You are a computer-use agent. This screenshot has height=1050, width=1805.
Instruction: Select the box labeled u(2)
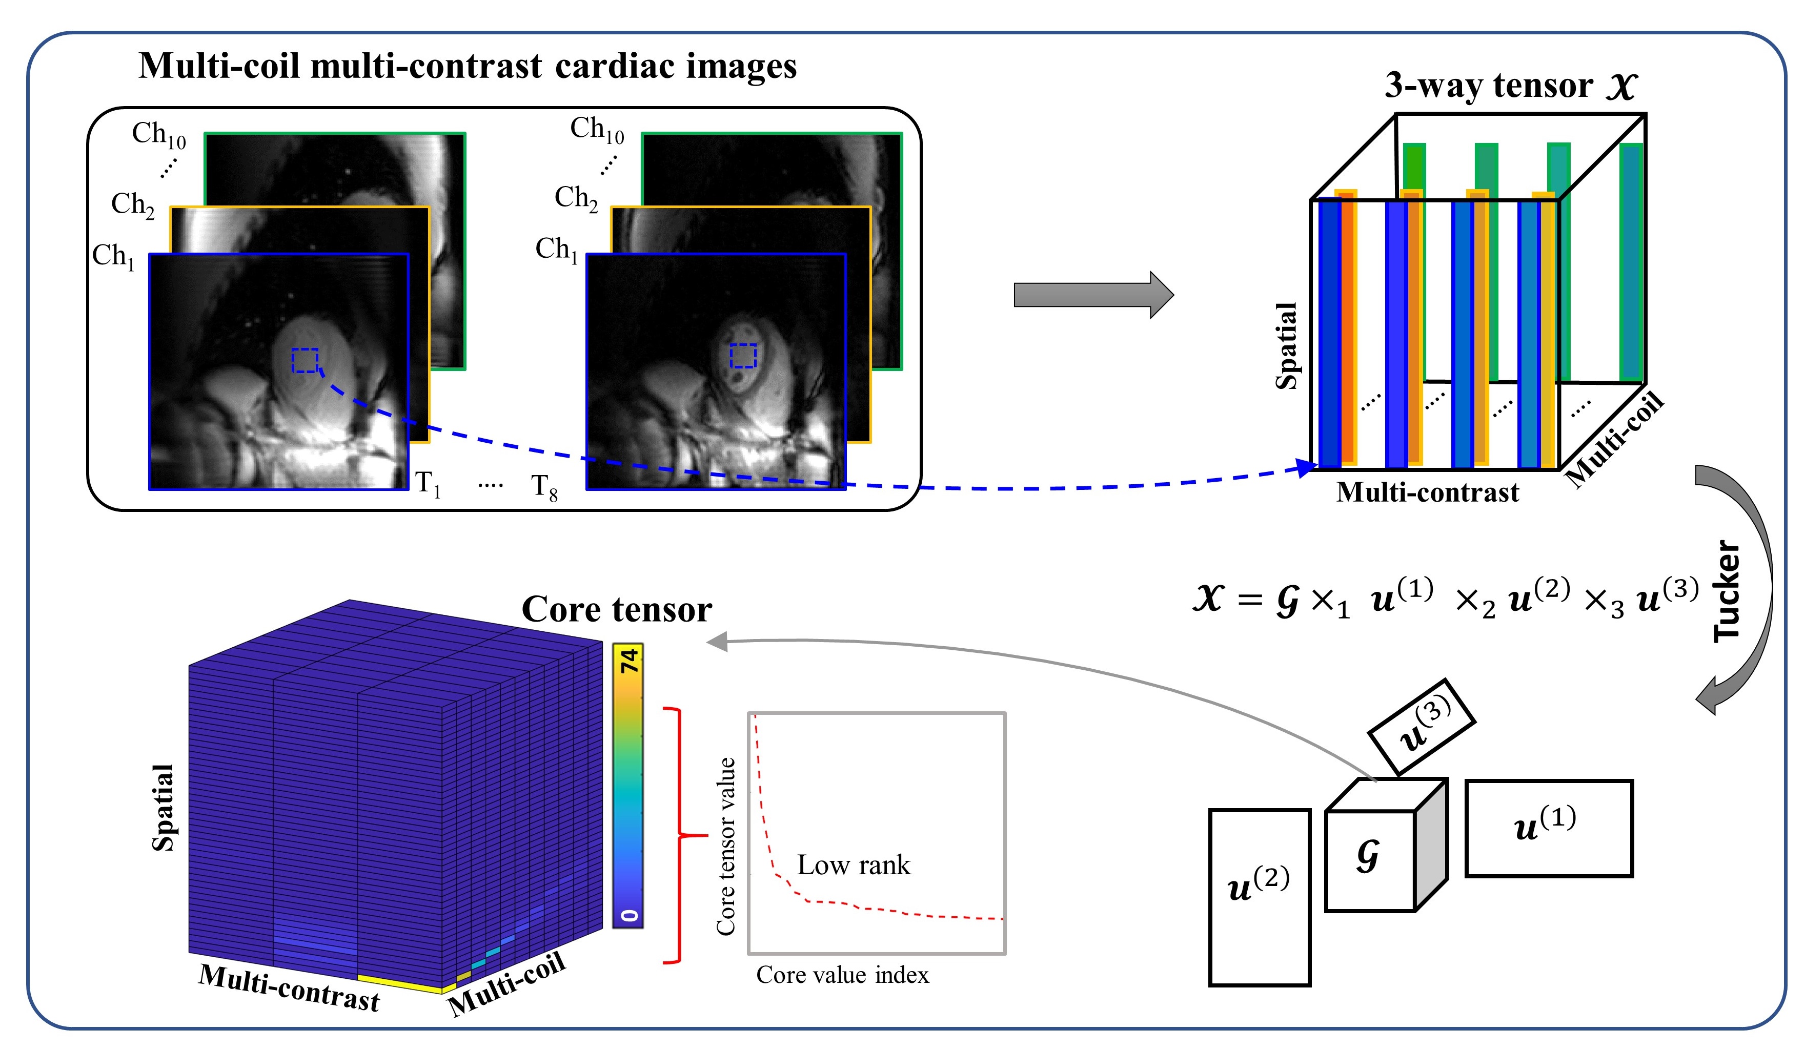point(1259,897)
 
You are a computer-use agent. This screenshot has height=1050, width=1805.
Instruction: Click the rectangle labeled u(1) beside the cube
point(1549,828)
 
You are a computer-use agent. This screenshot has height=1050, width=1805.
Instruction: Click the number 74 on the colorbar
point(628,660)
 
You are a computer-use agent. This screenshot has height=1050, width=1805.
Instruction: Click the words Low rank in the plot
point(853,865)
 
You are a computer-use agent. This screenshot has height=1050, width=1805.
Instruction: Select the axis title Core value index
point(842,975)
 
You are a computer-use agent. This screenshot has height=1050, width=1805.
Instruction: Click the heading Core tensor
point(617,609)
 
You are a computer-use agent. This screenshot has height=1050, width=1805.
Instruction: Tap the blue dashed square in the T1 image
point(305,360)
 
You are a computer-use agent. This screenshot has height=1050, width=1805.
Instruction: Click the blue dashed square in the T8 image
point(743,355)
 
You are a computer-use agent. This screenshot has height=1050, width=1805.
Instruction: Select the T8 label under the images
point(543,487)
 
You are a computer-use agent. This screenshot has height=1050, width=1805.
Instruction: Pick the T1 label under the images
point(428,484)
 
